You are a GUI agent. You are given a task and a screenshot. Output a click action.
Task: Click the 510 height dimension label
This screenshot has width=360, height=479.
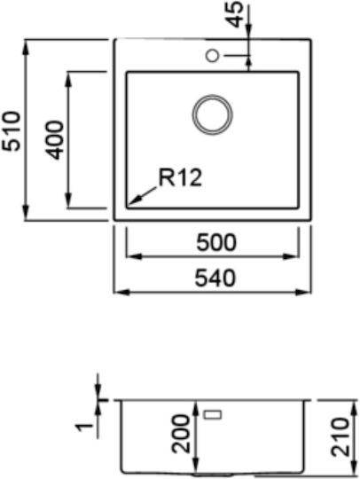[x=11, y=131]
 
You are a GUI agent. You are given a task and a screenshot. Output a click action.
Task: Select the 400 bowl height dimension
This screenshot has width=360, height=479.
[x=54, y=140]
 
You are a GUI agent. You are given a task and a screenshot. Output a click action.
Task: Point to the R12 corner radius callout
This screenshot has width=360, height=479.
[x=180, y=177]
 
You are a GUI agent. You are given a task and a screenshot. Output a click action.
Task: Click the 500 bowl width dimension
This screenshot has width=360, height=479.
[x=216, y=242]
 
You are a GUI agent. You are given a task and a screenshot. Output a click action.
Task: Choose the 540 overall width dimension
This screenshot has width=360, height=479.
[x=215, y=279]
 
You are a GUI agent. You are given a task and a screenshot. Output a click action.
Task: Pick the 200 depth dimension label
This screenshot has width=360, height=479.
[x=181, y=434]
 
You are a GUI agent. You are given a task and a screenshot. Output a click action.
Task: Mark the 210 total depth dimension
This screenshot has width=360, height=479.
[x=340, y=437]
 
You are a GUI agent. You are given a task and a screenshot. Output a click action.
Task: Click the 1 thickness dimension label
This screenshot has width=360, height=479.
[x=84, y=427]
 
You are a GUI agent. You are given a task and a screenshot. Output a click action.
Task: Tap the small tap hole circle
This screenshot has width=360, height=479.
[x=212, y=56]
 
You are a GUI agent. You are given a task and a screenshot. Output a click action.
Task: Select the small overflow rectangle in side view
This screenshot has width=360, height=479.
[x=213, y=414]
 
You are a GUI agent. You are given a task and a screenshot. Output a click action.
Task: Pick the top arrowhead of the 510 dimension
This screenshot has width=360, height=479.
[x=26, y=48]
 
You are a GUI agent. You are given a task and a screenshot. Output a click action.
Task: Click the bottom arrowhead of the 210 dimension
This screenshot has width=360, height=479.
[x=354, y=467]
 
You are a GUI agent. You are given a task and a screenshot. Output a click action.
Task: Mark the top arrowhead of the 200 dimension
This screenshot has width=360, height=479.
[x=196, y=409]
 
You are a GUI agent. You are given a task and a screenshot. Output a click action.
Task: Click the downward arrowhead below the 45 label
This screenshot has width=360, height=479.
[x=249, y=30]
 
